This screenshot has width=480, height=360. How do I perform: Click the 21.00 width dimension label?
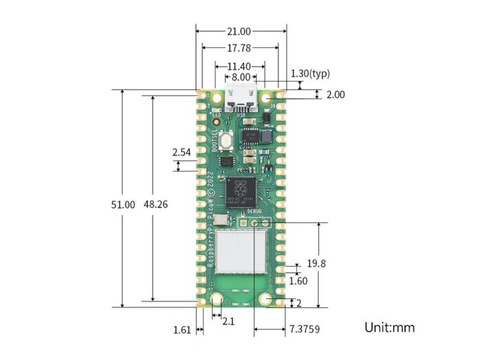pyautogui.click(x=240, y=31)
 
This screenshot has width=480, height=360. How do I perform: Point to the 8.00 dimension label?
pyautogui.click(x=241, y=78)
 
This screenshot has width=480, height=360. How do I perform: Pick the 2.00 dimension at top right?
pyautogui.click(x=335, y=95)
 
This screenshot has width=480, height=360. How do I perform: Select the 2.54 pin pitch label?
pyautogui.click(x=182, y=151)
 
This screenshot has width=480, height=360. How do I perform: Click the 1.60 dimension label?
pyautogui.click(x=298, y=280)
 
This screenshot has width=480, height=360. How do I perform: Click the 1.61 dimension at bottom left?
pyautogui.click(x=182, y=330)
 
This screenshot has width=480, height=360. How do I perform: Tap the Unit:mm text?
pyautogui.click(x=389, y=327)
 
